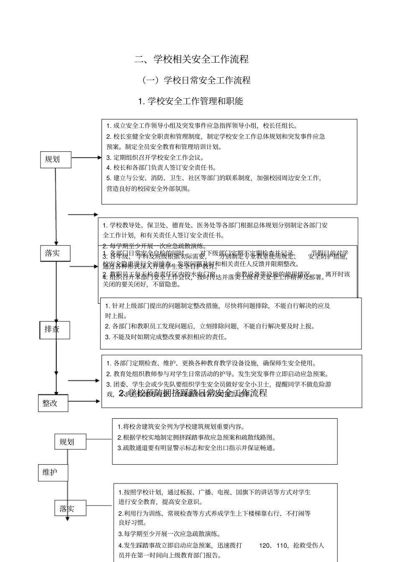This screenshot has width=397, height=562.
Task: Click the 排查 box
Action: click(x=55, y=330)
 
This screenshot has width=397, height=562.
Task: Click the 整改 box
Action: click(x=53, y=403)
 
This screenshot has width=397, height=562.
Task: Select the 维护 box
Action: click(x=53, y=473)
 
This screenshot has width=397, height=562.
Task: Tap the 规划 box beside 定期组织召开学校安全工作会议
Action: click(x=55, y=159)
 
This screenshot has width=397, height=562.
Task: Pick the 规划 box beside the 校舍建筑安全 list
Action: click(x=70, y=442)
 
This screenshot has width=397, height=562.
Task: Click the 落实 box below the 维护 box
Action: click(x=70, y=509)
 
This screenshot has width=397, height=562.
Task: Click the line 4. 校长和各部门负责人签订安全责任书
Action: click(x=161, y=168)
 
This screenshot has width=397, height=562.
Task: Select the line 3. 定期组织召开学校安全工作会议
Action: click(x=155, y=158)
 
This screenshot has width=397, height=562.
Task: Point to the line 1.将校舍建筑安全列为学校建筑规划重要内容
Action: click(x=181, y=427)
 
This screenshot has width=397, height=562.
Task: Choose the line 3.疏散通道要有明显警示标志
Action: click(x=197, y=448)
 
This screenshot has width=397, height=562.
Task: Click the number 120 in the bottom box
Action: click(x=265, y=545)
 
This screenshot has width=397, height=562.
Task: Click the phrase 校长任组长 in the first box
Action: click(x=280, y=125)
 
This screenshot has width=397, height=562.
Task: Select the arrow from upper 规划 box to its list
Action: click(x=86, y=158)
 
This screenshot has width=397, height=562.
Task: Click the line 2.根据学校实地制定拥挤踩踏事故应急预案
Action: click(x=197, y=437)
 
